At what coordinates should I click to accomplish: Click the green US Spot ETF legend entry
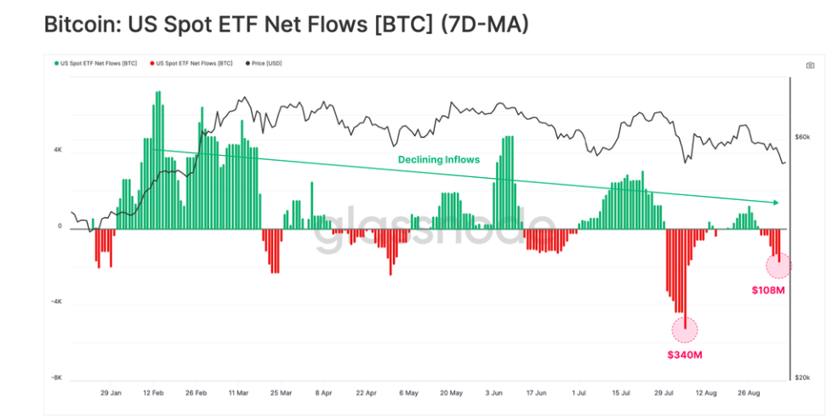coord(95,63)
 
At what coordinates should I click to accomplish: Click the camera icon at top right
coord(810,65)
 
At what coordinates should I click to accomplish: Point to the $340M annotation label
coord(684,354)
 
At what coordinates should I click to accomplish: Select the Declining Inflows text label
coord(439,159)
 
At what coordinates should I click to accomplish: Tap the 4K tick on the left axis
coord(58,150)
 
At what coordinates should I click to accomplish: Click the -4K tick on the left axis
coord(56,301)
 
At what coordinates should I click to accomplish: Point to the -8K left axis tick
coord(56,376)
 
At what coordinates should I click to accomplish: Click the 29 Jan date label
coord(111,393)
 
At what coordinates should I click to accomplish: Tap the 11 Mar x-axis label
coord(238,393)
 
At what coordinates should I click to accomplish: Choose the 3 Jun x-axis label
coord(493,393)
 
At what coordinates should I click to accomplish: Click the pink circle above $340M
coord(684,329)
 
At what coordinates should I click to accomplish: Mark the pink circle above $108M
coord(778,266)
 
